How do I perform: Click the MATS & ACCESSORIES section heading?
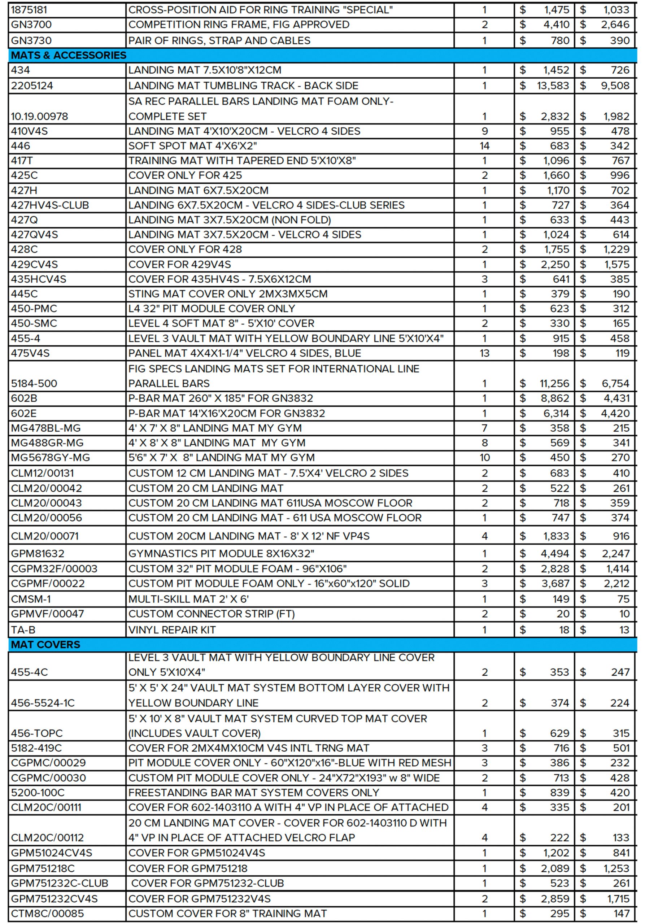[69, 55]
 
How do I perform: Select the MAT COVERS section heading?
[45, 644]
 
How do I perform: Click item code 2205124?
[32, 86]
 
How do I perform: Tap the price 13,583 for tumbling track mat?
[553, 86]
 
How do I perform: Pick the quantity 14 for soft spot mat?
[484, 146]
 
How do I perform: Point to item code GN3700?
[31, 25]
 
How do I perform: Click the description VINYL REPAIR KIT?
[172, 630]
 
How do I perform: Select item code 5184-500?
[34, 384]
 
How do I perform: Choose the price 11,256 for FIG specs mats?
[554, 384]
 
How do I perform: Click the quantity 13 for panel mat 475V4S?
[484, 353]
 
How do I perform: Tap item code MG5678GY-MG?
[50, 458]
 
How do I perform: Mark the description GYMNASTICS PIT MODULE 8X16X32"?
[221, 553]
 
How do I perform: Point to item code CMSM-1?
[31, 599]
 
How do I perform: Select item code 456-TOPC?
[36, 733]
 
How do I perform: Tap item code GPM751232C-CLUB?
[60, 883]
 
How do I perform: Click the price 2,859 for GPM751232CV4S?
[555, 899]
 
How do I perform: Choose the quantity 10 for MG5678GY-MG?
[484, 458]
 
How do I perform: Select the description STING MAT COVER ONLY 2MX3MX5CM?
[228, 294]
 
